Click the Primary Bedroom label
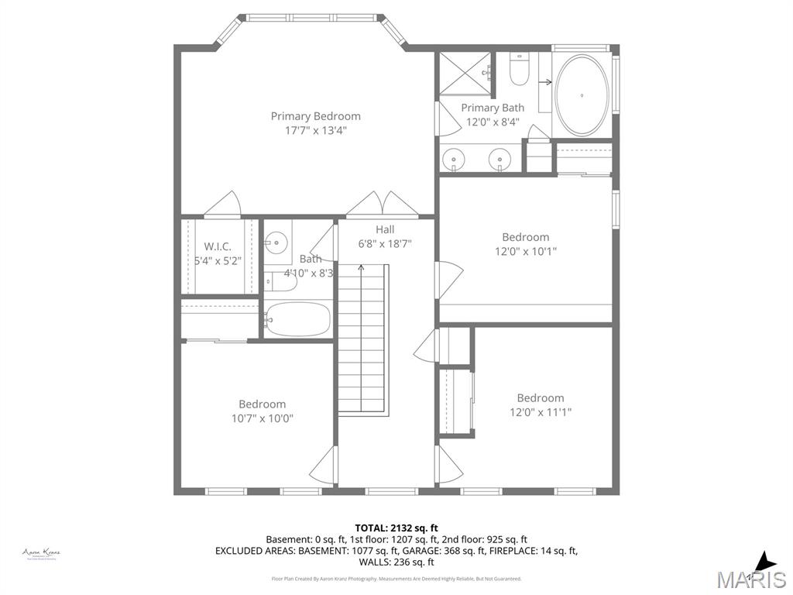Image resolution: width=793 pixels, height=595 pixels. pyautogui.click(x=315, y=116)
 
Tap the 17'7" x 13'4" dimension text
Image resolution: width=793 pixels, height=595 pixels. pyautogui.click(x=315, y=131)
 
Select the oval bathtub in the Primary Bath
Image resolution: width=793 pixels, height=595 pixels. pyautogui.click(x=582, y=95)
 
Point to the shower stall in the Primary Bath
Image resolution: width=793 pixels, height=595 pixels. pyautogui.click(x=465, y=73)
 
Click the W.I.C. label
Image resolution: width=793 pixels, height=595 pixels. pyautogui.click(x=218, y=246)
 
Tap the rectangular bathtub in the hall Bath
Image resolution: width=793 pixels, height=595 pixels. pyautogui.click(x=298, y=318)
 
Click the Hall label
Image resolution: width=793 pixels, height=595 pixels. pyautogui.click(x=385, y=229)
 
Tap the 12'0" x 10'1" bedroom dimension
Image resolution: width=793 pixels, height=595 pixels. pyautogui.click(x=525, y=252)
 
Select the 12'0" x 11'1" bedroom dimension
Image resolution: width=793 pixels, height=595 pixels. pyautogui.click(x=541, y=413)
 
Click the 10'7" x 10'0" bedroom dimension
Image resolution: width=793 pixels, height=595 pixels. pyautogui.click(x=262, y=418)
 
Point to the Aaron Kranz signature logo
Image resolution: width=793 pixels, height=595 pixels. pyautogui.click(x=41, y=553)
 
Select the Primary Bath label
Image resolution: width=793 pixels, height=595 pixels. pyautogui.click(x=493, y=108)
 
